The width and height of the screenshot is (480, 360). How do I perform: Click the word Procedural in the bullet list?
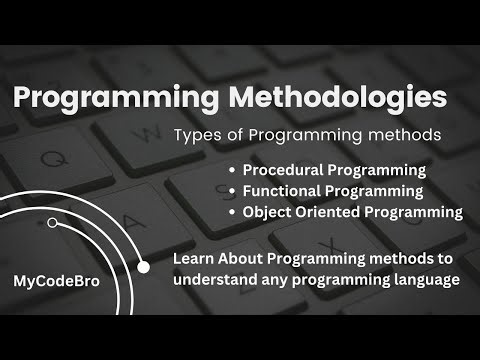pyautogui.click(x=282, y=170)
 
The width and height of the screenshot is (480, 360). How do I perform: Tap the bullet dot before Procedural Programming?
pyautogui.click(x=233, y=171)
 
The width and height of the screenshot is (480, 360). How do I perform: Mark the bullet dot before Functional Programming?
pyautogui.click(x=233, y=192)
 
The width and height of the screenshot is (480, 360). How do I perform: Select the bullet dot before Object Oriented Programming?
pyautogui.click(x=233, y=213)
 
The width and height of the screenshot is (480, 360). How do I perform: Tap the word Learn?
pyautogui.click(x=193, y=259)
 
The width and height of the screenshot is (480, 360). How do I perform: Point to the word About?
pyautogui.click(x=243, y=259)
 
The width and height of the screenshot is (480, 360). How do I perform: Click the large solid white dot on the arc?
pyautogui.click(x=143, y=267)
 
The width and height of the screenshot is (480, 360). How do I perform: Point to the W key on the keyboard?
pyautogui.click(x=150, y=133)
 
